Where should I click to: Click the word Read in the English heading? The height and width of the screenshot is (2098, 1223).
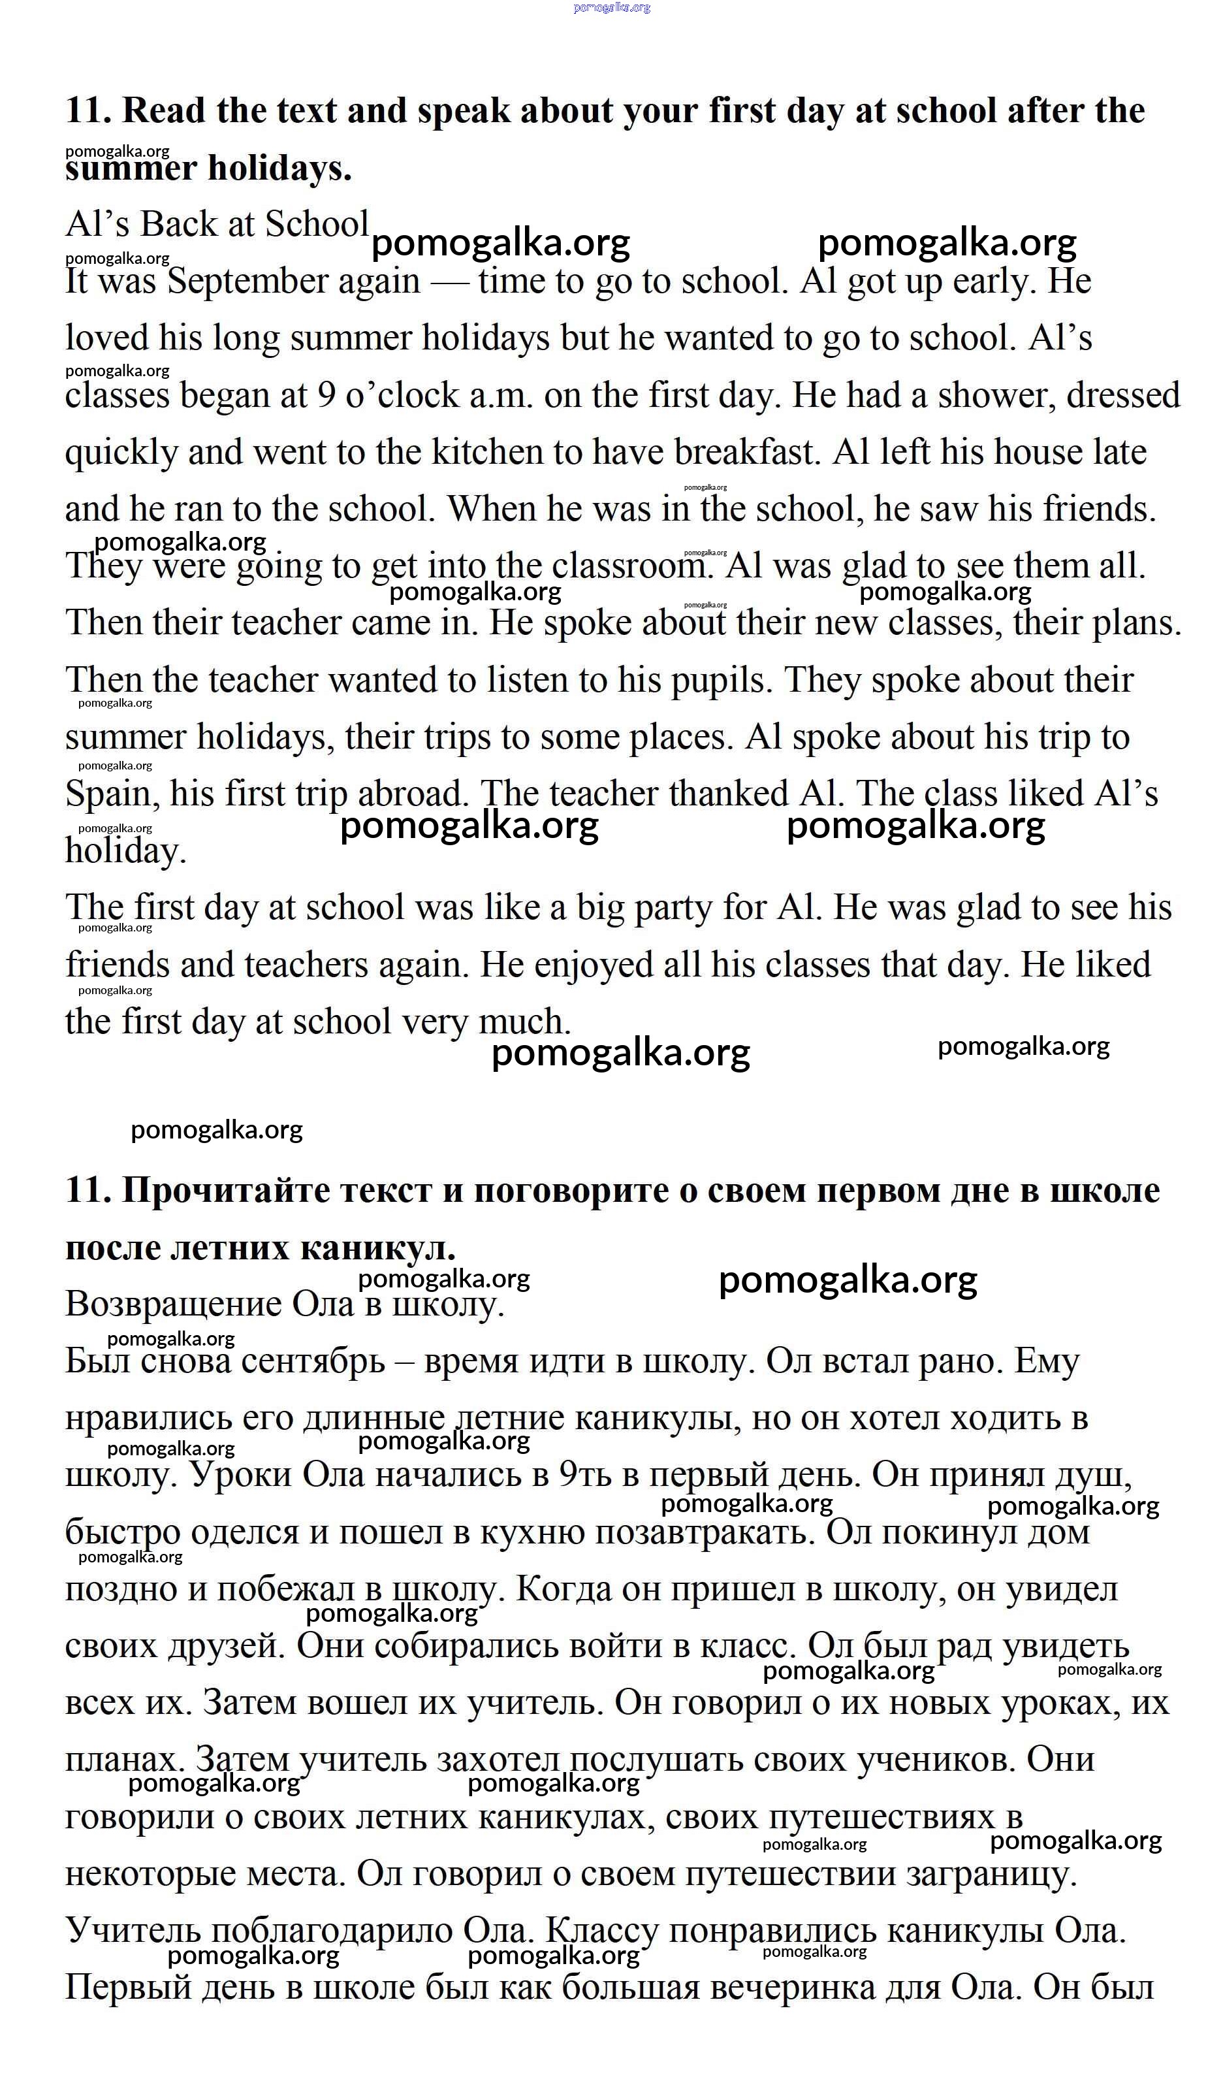point(164,111)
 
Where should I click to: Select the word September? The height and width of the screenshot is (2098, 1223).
point(293,282)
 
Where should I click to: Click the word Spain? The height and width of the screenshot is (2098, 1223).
point(112,794)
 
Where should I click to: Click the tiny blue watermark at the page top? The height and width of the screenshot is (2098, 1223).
point(612,7)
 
